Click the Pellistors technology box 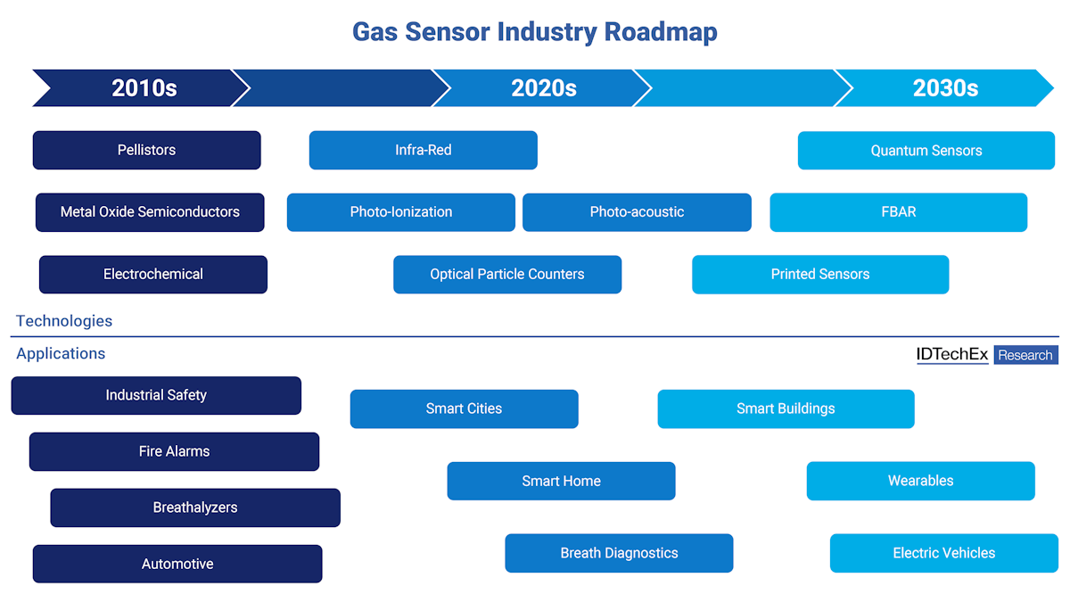coord(147,150)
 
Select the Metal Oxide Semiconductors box coord(150,212)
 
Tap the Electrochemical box coord(153,275)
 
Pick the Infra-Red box coord(424,150)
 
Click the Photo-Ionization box coord(401,212)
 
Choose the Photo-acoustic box coord(637,212)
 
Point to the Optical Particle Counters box coord(507,275)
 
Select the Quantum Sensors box coord(926,151)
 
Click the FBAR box coord(899,212)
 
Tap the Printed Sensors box coord(820,275)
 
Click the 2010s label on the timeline coord(144,88)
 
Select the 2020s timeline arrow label coord(544,88)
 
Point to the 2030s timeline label coord(945,88)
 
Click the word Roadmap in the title coord(661,32)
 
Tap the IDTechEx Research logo coord(987,355)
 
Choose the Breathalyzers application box coord(195,507)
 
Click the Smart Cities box coord(464,409)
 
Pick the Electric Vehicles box coord(944,553)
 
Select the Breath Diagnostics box coord(619,553)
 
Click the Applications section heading coord(61,354)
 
